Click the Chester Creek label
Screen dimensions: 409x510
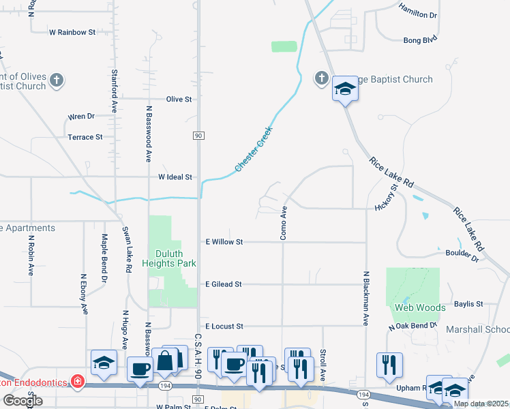[x=254, y=149]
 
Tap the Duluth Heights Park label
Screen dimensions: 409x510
[x=168, y=258]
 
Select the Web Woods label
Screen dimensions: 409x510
[x=420, y=307]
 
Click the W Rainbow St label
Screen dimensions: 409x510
[x=72, y=32]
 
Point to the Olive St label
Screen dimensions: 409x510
[x=179, y=99]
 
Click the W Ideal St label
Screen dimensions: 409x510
[x=175, y=177]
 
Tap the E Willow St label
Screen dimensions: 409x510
[x=224, y=242]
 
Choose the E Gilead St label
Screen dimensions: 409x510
[x=224, y=284]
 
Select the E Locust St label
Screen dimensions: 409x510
[x=224, y=327]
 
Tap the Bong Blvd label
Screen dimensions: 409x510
[x=419, y=40]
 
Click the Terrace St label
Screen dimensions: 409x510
[x=85, y=137]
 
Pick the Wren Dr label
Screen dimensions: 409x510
[x=80, y=117]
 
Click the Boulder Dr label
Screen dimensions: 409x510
[x=462, y=254]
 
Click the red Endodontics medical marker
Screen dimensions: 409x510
[x=78, y=380]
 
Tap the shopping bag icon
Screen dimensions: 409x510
[x=166, y=361]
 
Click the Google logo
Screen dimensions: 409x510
[x=22, y=401]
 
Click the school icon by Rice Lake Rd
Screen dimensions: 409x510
[x=346, y=89]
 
